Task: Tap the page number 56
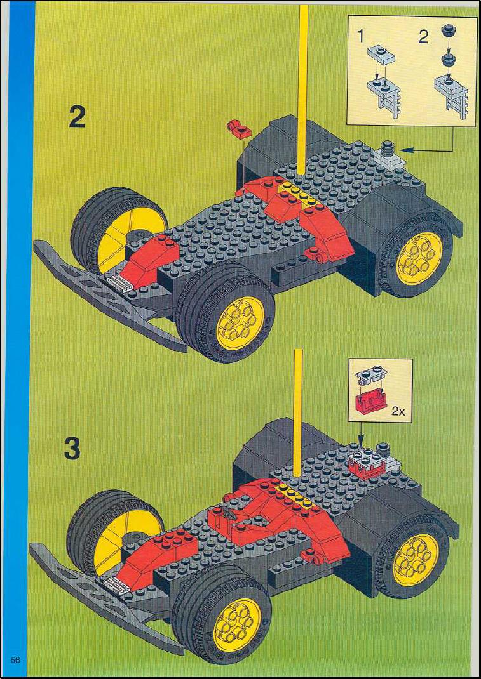(16, 660)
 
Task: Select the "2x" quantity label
(398, 411)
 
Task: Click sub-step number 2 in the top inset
(423, 37)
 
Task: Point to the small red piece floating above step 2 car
(236, 129)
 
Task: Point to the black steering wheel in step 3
(229, 513)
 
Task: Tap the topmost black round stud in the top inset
(447, 31)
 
